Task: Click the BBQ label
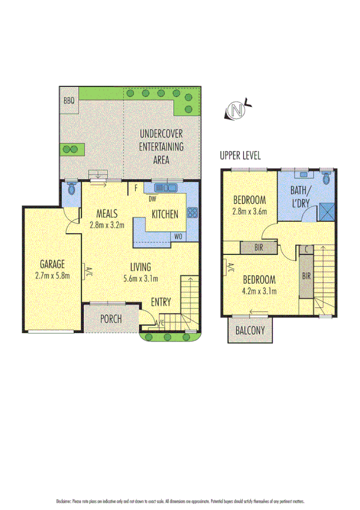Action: [x=69, y=101]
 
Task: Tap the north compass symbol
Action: [x=237, y=111]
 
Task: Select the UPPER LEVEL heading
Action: [x=240, y=155]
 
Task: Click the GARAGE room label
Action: [x=52, y=265]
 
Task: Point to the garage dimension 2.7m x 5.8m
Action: [x=52, y=276]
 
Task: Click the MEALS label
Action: [x=106, y=214]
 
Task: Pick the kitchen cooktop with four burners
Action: [x=192, y=212]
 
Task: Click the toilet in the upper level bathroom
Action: [x=326, y=178]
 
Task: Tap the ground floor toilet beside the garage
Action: [x=72, y=189]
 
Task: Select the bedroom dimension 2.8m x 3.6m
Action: [x=249, y=211]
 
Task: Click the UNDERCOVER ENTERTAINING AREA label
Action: [x=161, y=146]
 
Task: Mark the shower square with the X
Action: [x=328, y=212]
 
